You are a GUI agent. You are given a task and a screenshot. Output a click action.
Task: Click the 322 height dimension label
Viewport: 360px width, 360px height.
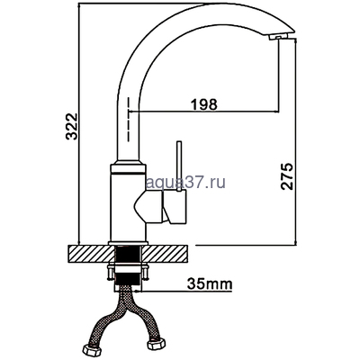point(72,127)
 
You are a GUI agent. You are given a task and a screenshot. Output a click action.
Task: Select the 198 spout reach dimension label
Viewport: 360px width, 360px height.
point(204,104)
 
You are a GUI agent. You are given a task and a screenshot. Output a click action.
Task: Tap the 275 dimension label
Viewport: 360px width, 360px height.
point(287,176)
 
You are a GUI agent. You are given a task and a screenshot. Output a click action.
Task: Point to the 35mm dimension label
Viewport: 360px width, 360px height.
point(210,283)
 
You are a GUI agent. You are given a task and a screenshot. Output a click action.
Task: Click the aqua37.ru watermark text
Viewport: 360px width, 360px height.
point(185,182)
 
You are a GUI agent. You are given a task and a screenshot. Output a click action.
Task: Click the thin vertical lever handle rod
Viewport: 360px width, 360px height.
point(179,166)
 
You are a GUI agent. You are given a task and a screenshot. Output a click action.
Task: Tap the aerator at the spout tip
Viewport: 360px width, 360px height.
point(278,36)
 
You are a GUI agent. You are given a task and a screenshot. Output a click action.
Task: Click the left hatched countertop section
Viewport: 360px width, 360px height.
point(92,254)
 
